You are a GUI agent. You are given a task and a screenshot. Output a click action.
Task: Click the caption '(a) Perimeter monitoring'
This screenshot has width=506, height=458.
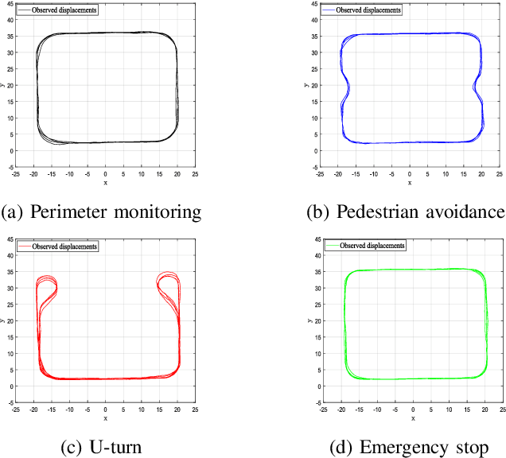101,212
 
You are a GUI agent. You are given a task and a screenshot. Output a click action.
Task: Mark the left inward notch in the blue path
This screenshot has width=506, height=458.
344,88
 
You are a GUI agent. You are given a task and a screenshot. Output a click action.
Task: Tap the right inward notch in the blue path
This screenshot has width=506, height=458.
479,88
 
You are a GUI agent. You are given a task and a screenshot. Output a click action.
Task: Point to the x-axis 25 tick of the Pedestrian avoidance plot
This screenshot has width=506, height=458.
500,173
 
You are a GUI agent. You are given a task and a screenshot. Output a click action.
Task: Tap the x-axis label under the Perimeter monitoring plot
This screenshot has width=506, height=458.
106,182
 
